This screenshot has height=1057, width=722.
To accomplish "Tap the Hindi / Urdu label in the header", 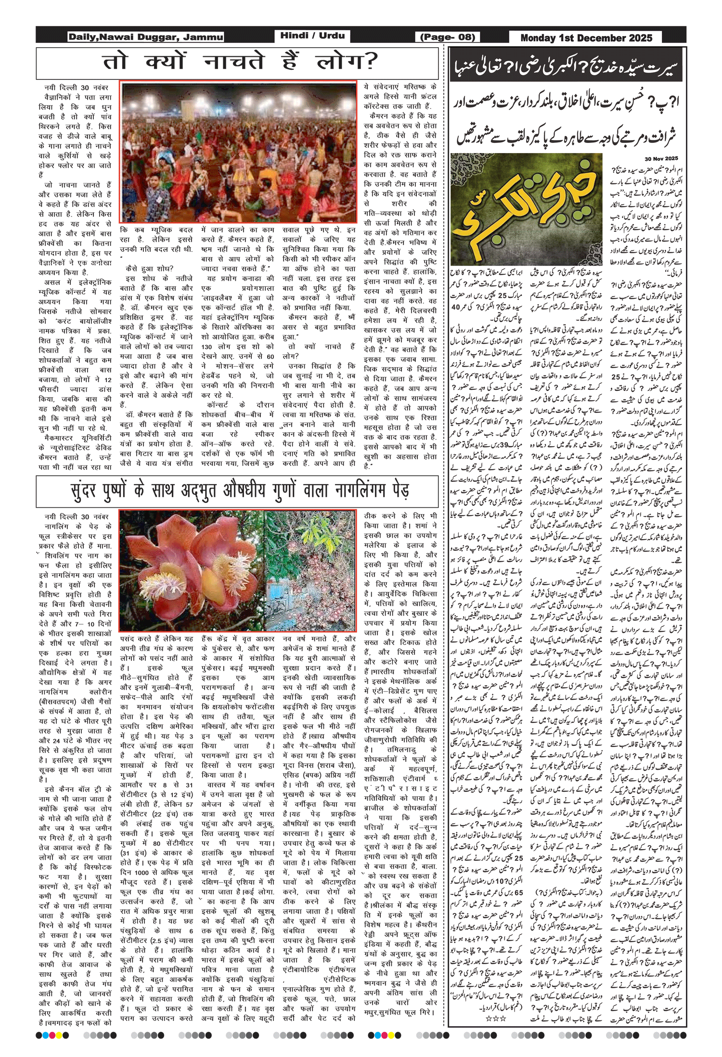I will (312, 36).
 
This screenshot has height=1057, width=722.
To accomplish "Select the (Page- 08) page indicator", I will (448, 37).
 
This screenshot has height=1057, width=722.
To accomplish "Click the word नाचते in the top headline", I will (234, 62).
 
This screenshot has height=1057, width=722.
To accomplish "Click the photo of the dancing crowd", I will (238, 152).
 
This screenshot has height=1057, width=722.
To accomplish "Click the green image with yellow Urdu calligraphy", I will (526, 208).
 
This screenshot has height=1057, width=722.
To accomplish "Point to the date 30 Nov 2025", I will (661, 158).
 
